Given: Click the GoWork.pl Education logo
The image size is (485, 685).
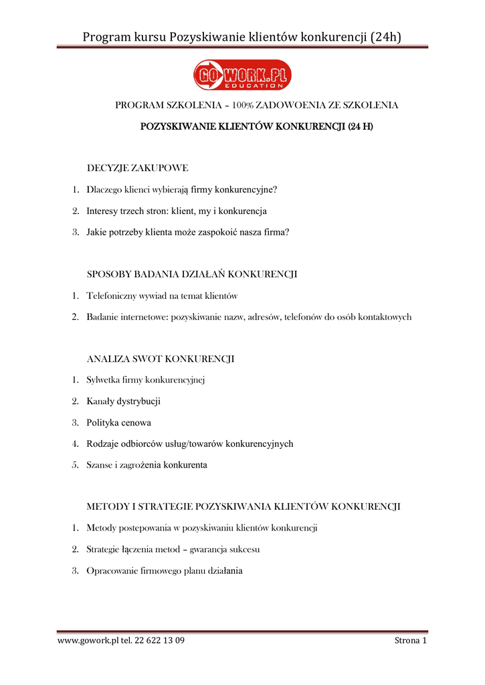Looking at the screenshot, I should tap(242, 75).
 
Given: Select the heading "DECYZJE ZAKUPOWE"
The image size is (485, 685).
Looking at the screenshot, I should tap(137, 168).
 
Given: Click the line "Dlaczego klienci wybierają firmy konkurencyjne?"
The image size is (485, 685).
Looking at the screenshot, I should tap(181, 189).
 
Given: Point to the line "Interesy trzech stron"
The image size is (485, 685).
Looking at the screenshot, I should tap(177, 211).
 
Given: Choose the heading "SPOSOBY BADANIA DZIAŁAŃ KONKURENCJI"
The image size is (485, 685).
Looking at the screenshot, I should tap(192, 274).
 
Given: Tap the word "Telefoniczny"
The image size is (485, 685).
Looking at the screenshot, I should tap(111, 296).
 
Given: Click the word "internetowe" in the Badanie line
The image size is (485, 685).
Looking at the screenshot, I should tap(146, 317).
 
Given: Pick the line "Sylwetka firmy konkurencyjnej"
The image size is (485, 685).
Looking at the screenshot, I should tap(145, 381).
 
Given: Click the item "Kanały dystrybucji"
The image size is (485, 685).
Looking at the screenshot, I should tap(123, 401).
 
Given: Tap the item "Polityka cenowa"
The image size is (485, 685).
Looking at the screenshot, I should tap(118, 423).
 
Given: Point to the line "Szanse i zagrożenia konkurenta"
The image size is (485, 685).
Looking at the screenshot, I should tap(147, 465).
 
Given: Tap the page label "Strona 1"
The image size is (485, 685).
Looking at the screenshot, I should tap(410, 641).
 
